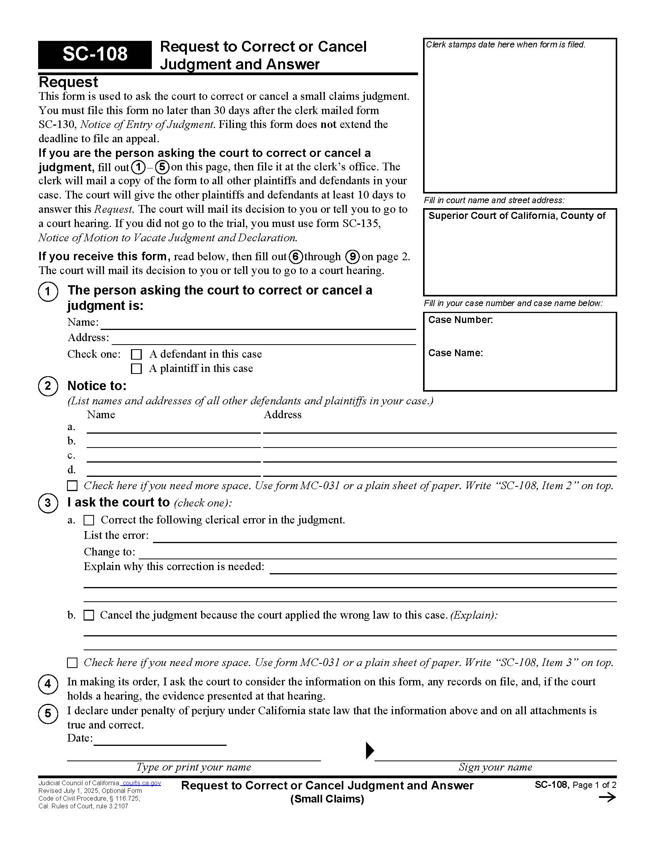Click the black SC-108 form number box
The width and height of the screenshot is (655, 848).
(x=95, y=54)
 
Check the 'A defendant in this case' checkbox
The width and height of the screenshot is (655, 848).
(x=136, y=354)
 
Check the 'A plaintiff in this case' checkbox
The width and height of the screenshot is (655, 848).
(x=136, y=368)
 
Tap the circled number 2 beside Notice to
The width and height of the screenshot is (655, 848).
(x=48, y=386)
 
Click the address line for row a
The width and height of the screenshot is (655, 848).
(x=439, y=428)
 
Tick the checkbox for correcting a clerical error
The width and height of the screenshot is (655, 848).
(x=89, y=520)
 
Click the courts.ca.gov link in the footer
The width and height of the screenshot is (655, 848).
(x=142, y=783)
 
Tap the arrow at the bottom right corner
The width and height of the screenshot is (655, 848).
(x=607, y=798)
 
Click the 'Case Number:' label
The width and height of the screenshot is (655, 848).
(x=460, y=320)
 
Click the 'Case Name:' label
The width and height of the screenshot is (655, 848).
(x=455, y=353)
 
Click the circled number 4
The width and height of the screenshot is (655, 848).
(x=48, y=684)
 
